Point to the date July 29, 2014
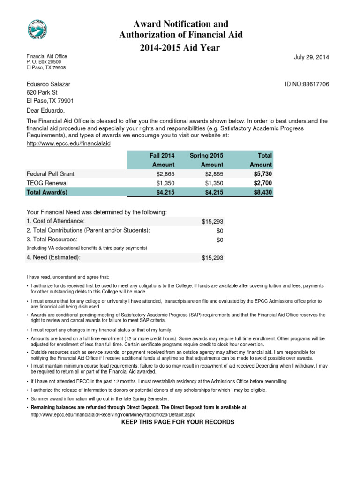click(311, 57)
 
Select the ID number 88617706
click(307, 84)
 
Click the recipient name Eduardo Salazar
click(48, 84)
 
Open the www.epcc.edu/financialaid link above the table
click(68, 143)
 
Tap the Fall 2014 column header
click(162, 155)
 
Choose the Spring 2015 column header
click(206, 155)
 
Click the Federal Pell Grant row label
click(50, 174)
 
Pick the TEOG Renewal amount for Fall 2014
click(165, 183)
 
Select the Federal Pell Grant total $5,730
click(262, 174)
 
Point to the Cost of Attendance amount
click(212, 221)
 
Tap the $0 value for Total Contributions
click(219, 231)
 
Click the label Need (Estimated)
click(53, 257)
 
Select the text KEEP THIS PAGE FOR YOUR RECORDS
click(178, 422)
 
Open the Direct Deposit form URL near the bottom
click(112, 415)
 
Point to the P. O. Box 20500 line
click(44, 62)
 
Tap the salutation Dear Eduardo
click(45, 111)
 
